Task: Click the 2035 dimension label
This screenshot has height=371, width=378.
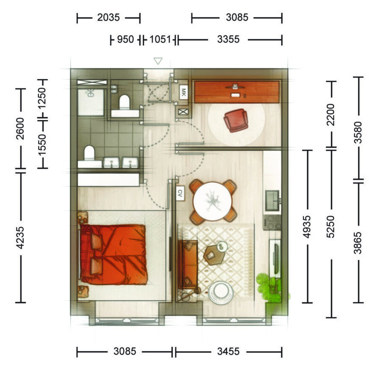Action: click(108, 18)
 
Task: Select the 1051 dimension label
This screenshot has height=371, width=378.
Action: click(160, 39)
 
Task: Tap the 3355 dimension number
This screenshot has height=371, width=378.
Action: click(228, 39)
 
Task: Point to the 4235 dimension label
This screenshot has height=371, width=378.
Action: click(20, 237)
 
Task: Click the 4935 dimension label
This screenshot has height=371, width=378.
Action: click(307, 227)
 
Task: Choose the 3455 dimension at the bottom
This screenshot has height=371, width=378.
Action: click(228, 351)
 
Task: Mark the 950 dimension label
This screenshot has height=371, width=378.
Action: click(125, 39)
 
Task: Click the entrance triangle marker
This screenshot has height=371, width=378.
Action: click(158, 61)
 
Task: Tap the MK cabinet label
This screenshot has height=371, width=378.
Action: click(183, 92)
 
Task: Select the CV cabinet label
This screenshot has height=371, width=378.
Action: click(180, 193)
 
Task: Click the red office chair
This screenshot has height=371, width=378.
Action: click(236, 120)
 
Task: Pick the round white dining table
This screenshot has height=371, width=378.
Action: click(213, 201)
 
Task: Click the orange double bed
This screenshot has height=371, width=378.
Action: click(113, 254)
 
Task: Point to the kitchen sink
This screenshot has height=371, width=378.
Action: click(272, 201)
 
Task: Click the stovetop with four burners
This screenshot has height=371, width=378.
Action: click(272, 222)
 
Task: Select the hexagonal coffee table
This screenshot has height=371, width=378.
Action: click(214, 255)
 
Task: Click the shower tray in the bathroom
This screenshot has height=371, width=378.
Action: click(91, 102)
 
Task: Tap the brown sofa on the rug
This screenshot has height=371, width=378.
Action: click(188, 265)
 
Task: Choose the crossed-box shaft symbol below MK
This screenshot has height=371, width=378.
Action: click(183, 112)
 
